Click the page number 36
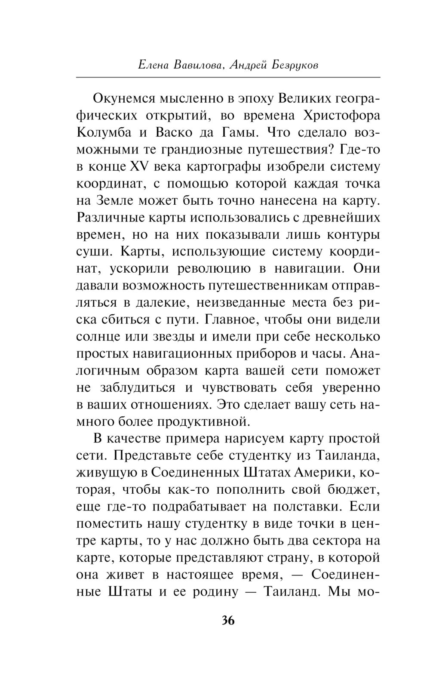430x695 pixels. point(228,620)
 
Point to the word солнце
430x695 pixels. point(98,337)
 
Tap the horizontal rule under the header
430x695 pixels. point(228,77)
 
